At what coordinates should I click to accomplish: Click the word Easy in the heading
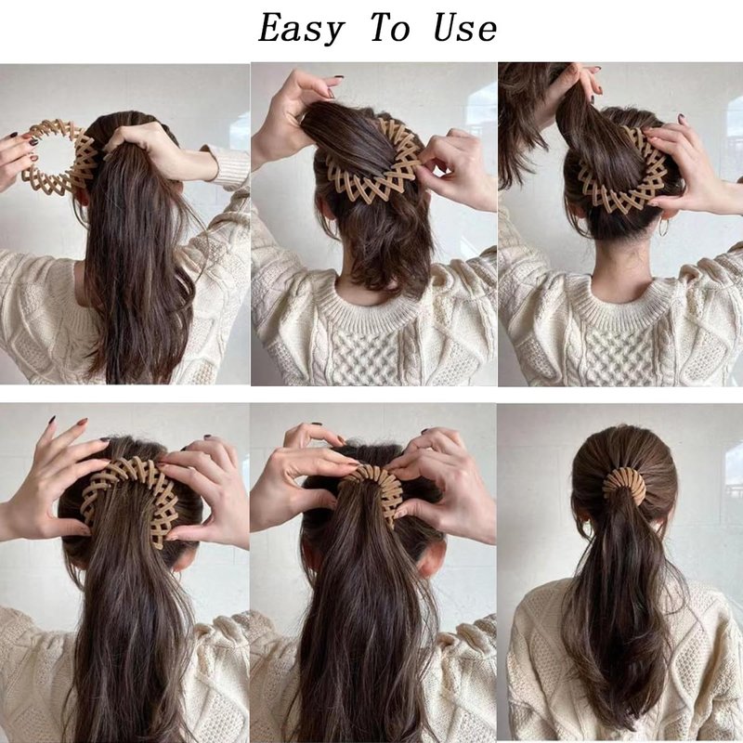point(300,29)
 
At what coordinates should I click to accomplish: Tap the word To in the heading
point(389,28)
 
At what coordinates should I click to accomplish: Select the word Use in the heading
point(465,28)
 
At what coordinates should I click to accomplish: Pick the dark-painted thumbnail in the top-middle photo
point(339,77)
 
